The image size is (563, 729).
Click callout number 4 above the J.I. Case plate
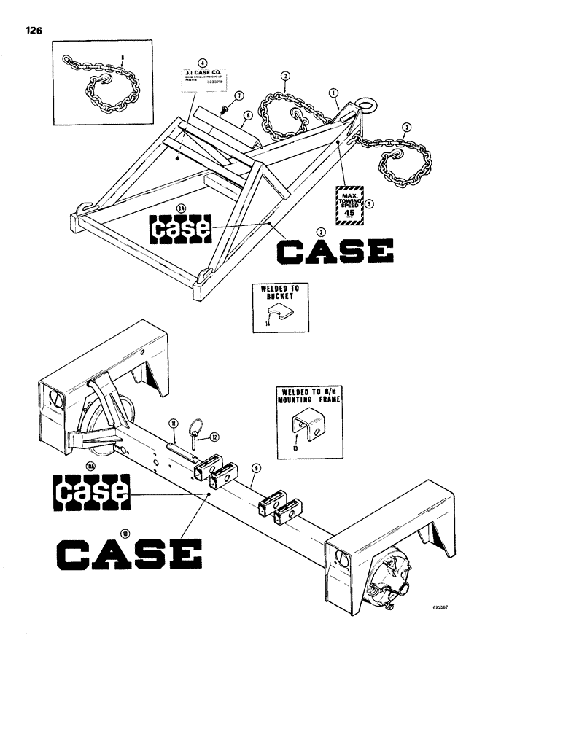tap(203, 63)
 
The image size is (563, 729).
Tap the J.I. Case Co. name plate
tap(203, 78)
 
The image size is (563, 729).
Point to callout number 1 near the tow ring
tap(334, 93)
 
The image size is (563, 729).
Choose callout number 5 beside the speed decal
tap(370, 204)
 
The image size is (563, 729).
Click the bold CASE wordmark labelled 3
tap(335, 252)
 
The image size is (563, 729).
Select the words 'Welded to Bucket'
tap(280, 293)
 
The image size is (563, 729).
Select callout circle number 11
tap(174, 423)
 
